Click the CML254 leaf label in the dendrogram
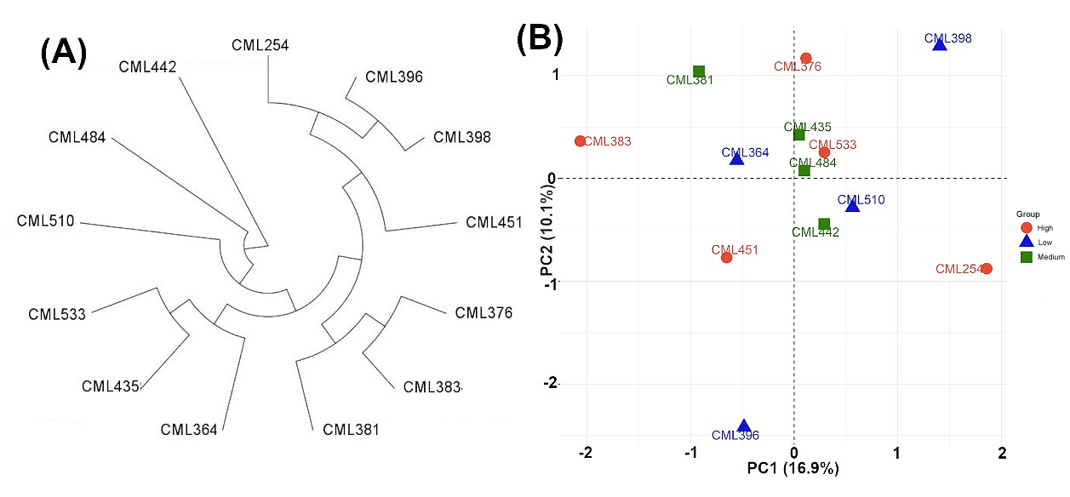coord(260,45)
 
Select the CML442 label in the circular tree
coord(147,67)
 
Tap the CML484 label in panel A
coord(77,138)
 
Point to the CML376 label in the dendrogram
coord(484,313)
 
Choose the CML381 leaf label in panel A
coord(351,430)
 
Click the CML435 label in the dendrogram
coord(111,386)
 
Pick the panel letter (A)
coord(64,53)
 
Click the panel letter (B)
coord(540,38)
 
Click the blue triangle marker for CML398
coord(940,45)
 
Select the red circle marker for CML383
coord(580,141)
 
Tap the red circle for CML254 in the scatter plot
coord(987,269)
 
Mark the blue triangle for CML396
coord(744,426)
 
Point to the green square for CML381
coord(699,71)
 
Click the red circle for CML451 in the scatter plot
coord(727,258)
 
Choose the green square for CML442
coord(824,224)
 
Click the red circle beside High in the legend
coord(1026,228)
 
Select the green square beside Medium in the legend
coord(1026,257)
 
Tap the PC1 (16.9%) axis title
coord(793,468)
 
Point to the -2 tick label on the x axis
coord(586,453)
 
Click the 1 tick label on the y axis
coord(555,75)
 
